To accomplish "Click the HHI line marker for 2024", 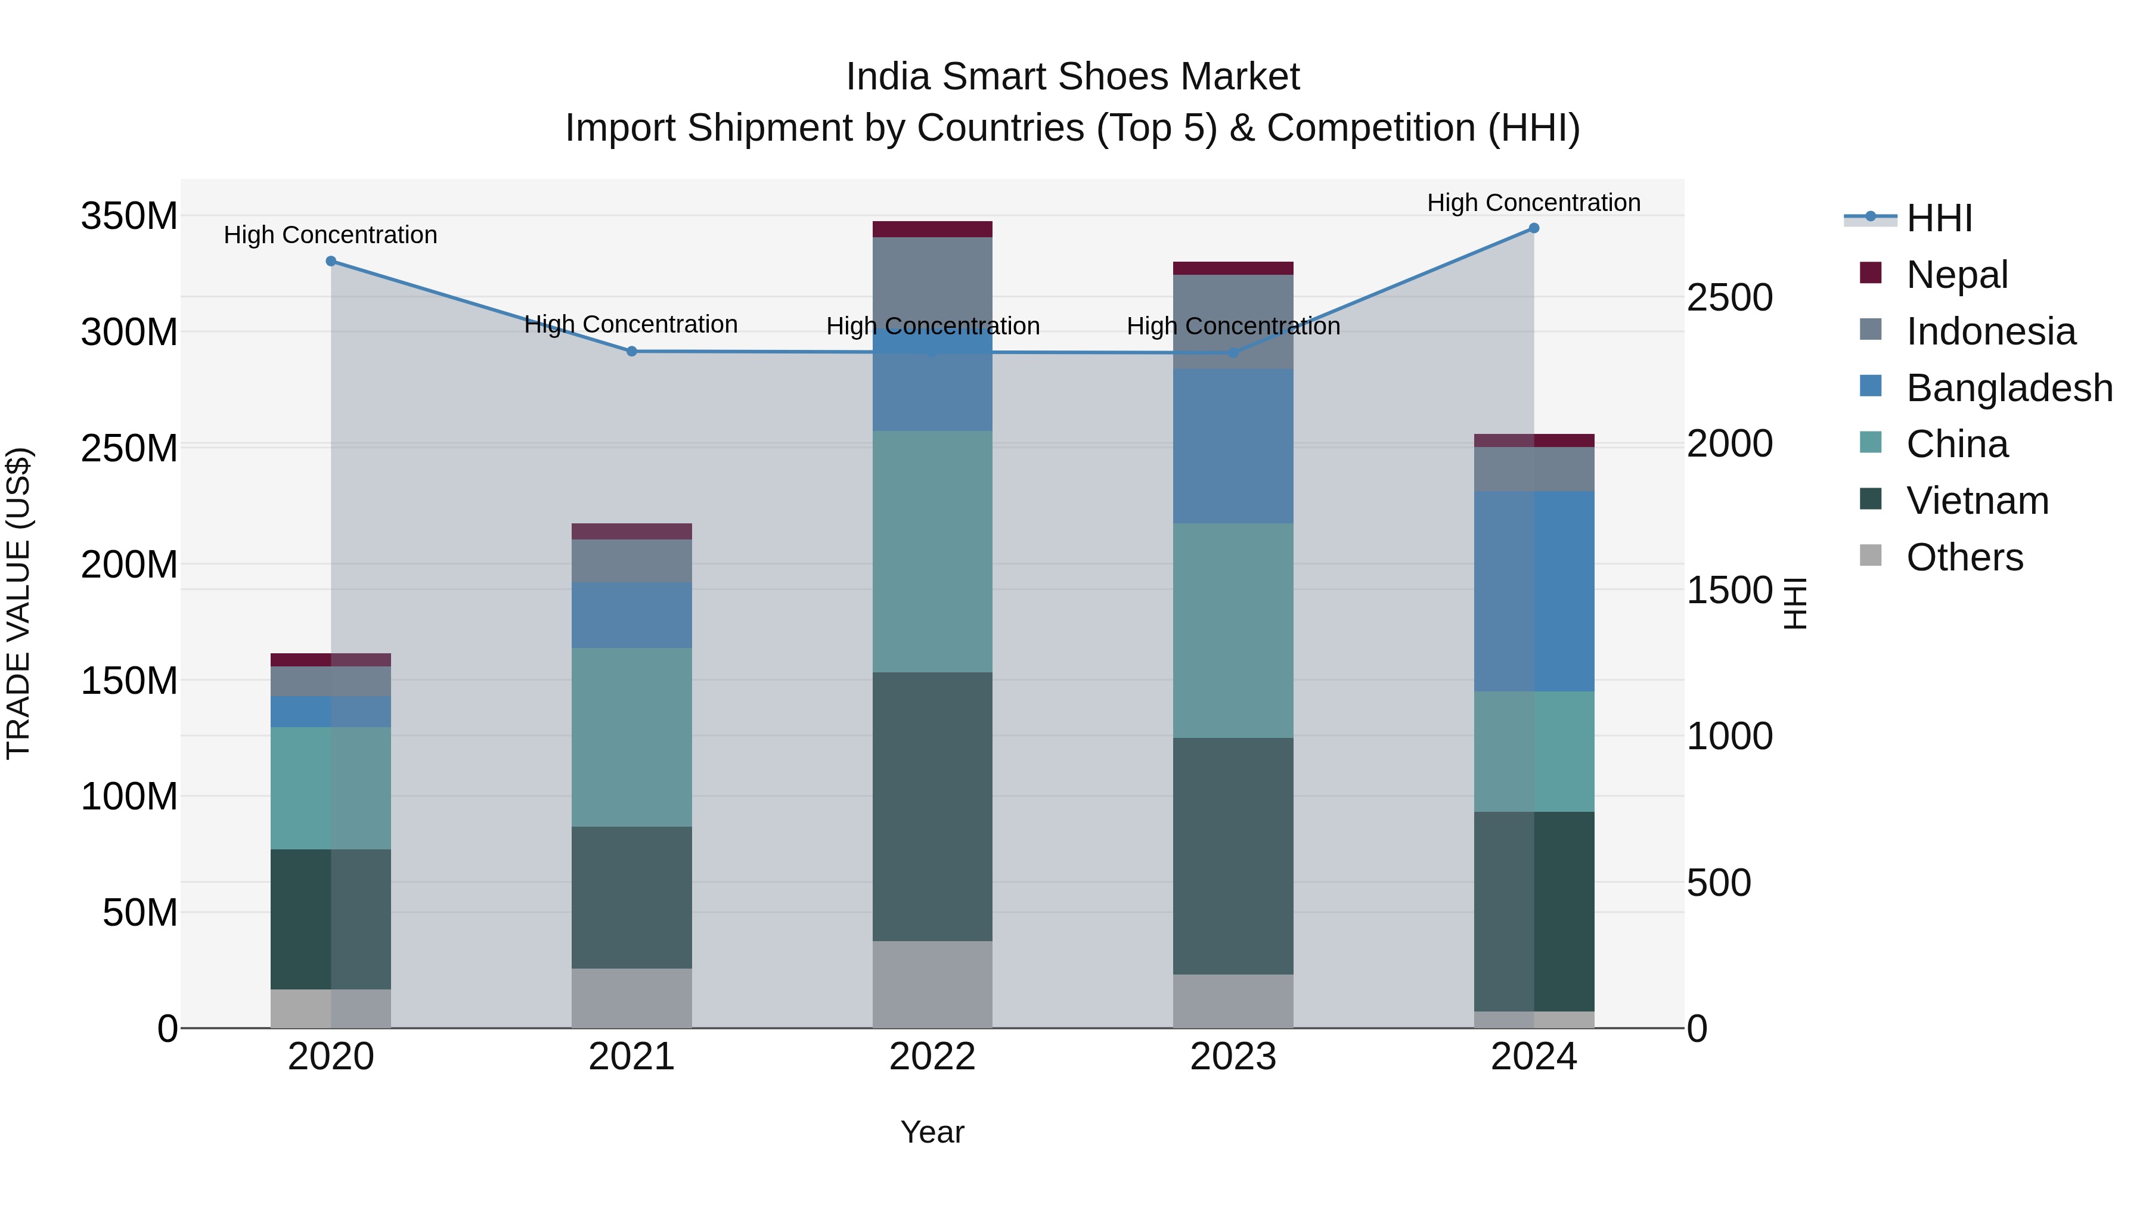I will [x=1534, y=228].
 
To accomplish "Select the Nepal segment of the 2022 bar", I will [x=932, y=229].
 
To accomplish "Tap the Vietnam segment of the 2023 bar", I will [x=1233, y=855].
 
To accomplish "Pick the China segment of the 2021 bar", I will [x=631, y=737].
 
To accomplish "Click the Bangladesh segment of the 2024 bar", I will [x=1534, y=591].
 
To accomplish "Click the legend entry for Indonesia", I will [x=1990, y=331].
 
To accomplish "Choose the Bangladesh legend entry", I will [x=2008, y=388].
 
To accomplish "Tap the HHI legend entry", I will [x=1939, y=218].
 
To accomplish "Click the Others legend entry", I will [x=1964, y=557].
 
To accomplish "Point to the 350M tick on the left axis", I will [x=129, y=216].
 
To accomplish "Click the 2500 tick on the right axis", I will [x=1729, y=298].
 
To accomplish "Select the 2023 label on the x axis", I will [x=1233, y=1057].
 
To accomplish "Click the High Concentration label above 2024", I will [x=1534, y=203].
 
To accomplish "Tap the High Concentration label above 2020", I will [x=331, y=235].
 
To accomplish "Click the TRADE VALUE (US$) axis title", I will [x=19, y=603].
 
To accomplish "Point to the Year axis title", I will [x=932, y=1132].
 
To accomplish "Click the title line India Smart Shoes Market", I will [x=1072, y=77].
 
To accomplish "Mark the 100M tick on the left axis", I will [x=129, y=797].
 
